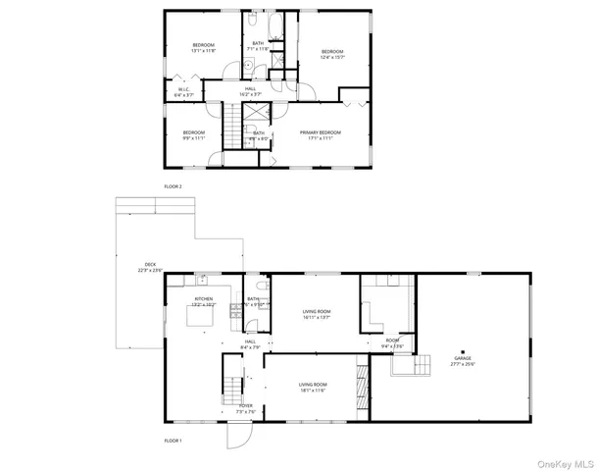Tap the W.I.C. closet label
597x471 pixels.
pyautogui.click(x=183, y=89)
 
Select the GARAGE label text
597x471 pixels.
pyautogui.click(x=463, y=359)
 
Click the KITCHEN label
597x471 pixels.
pyautogui.click(x=204, y=299)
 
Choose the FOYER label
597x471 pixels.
pyautogui.click(x=246, y=406)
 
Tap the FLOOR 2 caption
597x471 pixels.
pyautogui.click(x=173, y=185)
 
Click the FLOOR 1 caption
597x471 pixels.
pyautogui.click(x=173, y=441)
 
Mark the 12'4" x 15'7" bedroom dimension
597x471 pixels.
pyautogui.click(x=332, y=56)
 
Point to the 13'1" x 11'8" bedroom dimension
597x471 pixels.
pyautogui.click(x=203, y=51)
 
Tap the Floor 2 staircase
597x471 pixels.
pyautogui.click(x=230, y=125)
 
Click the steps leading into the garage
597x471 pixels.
pyautogui.click(x=405, y=364)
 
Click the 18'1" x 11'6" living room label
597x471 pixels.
pyautogui.click(x=313, y=391)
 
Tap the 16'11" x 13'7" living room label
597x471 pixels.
pyautogui.click(x=316, y=317)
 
